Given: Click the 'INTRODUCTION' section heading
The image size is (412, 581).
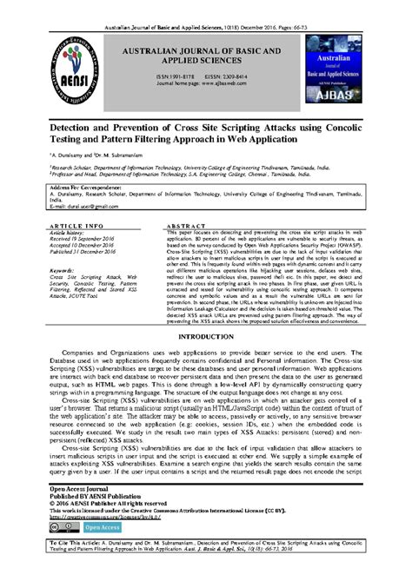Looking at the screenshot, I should [x=205, y=335].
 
